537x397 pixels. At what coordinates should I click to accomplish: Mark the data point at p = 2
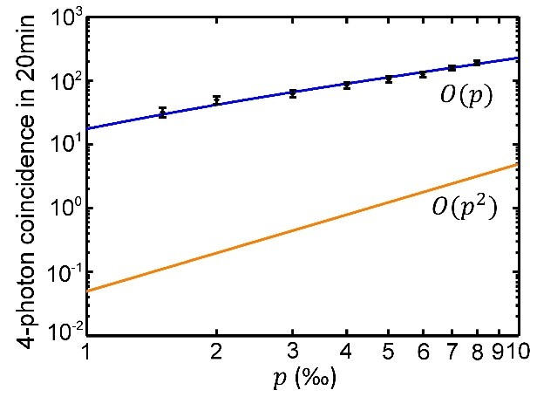tap(216, 100)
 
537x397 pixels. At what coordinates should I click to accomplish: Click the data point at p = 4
tap(347, 85)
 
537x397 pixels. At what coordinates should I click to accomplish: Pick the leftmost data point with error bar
tap(162, 113)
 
